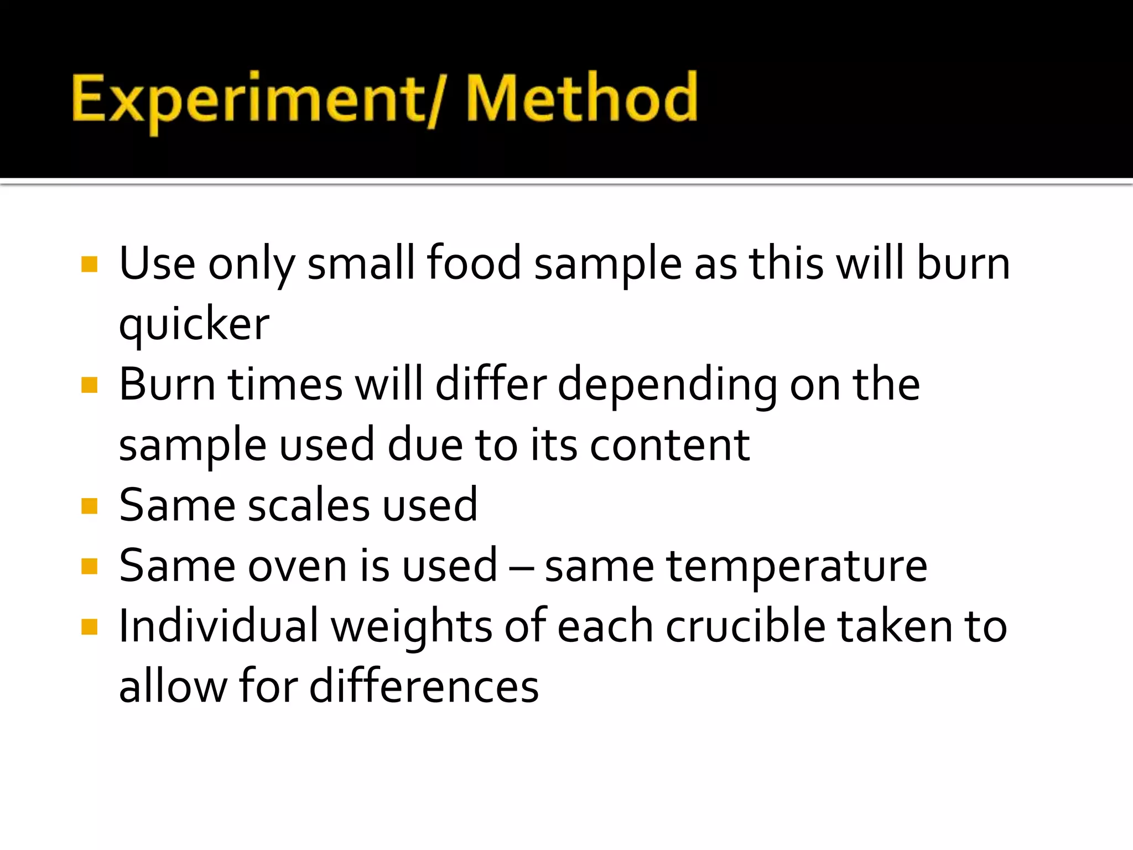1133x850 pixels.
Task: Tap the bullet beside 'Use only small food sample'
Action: tap(89, 264)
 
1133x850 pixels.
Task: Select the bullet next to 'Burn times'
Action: tap(89, 385)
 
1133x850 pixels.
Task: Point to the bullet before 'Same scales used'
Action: tap(89, 506)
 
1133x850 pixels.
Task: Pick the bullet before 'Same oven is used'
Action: tap(89, 566)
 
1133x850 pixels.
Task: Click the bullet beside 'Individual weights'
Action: tap(89, 627)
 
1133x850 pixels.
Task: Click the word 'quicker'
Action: tap(194, 325)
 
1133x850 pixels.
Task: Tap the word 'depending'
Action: tap(667, 386)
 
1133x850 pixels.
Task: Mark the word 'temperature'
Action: tap(797, 567)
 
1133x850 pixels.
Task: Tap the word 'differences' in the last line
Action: tap(424, 687)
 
